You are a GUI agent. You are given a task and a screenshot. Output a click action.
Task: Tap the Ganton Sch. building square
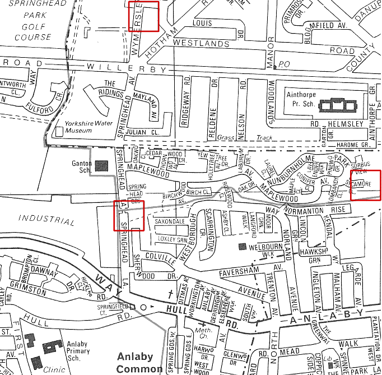coord(101,165)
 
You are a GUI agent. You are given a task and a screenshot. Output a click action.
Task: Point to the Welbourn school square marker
coord(242,246)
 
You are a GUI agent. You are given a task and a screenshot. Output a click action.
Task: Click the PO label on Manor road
coord(284,64)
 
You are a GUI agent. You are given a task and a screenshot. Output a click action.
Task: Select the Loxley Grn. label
coord(172,239)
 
